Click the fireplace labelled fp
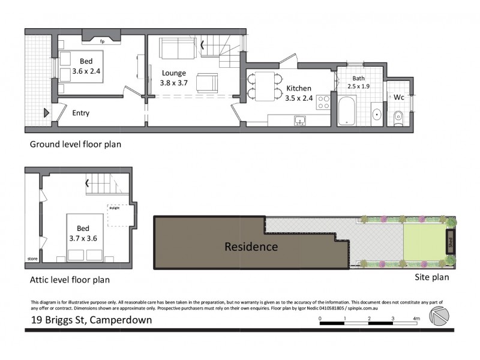tap(102, 41)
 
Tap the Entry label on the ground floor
tap(80, 113)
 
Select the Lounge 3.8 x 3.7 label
tap(175, 78)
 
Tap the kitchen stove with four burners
tap(323, 102)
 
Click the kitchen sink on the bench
tap(300, 121)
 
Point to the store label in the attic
tap(32, 259)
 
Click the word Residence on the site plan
tap(251, 247)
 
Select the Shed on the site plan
tap(450, 244)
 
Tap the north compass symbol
tap(439, 317)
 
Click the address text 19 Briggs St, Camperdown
tap(91, 320)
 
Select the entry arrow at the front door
tap(46, 112)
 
